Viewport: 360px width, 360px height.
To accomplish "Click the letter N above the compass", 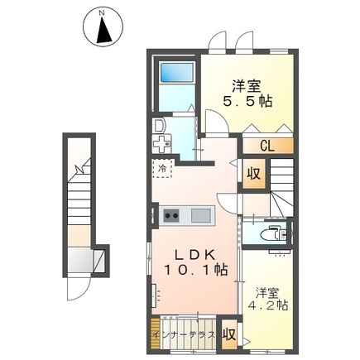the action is tap(102, 12).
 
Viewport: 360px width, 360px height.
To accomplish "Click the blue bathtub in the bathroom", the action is tap(176, 72).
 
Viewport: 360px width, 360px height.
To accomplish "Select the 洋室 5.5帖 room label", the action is tap(247, 94).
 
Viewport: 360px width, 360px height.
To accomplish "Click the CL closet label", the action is tap(267, 146).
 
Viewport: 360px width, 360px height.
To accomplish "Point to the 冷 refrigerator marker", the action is tap(162, 168).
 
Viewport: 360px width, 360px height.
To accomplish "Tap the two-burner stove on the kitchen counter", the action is tap(171, 215).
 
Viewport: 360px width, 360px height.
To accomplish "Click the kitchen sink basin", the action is tap(201, 215).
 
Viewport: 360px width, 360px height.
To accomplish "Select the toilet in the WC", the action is tap(273, 233).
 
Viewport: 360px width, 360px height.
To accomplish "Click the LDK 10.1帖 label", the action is tap(196, 262).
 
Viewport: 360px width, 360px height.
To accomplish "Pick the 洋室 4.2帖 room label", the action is tap(268, 299).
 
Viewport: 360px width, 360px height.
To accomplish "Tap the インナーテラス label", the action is tap(185, 335).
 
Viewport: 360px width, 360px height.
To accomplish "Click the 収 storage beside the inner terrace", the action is tap(229, 334).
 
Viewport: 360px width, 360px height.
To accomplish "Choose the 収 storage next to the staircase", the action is tap(254, 174).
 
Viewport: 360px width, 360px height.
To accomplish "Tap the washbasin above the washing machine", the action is tap(159, 126).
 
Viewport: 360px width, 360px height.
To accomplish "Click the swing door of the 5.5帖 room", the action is tap(217, 122).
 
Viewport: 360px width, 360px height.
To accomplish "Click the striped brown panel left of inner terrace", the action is tap(156, 334).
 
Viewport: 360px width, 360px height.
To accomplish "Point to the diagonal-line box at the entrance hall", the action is tap(98, 261).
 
